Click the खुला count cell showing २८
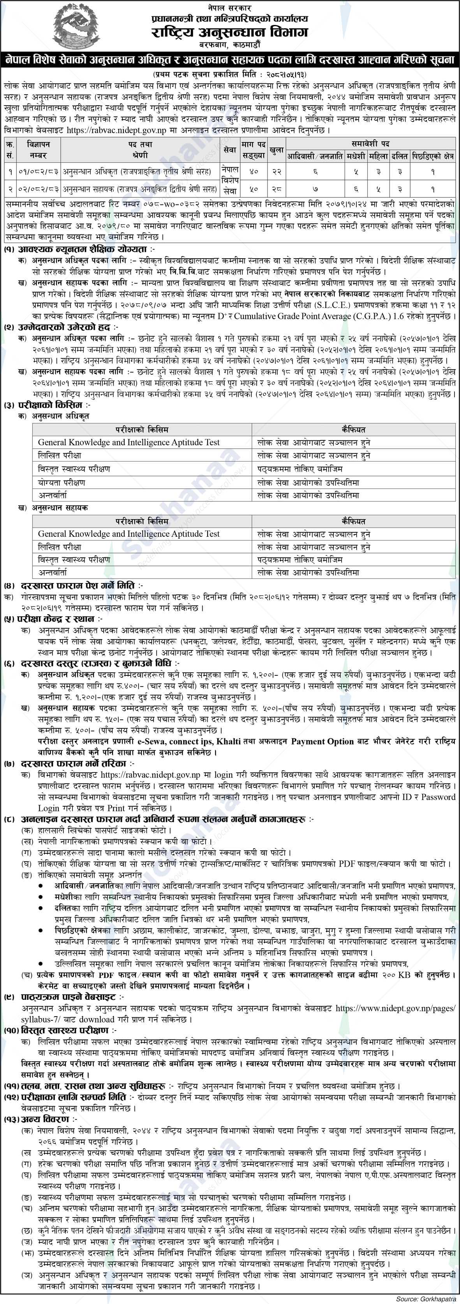point(276,189)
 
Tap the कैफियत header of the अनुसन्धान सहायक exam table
point(354,521)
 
